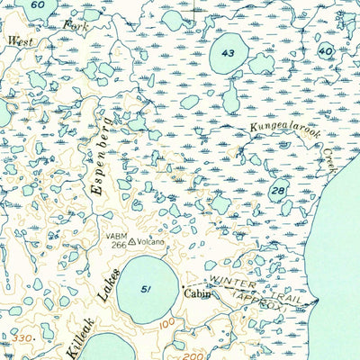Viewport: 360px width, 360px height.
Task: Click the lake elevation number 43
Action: [x=228, y=54]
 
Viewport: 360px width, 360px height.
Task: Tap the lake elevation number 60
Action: [x=36, y=5]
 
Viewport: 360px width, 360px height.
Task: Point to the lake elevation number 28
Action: [x=279, y=192]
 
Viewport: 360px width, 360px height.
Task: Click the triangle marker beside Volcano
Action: [x=132, y=242]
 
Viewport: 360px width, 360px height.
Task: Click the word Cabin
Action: [x=196, y=292]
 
